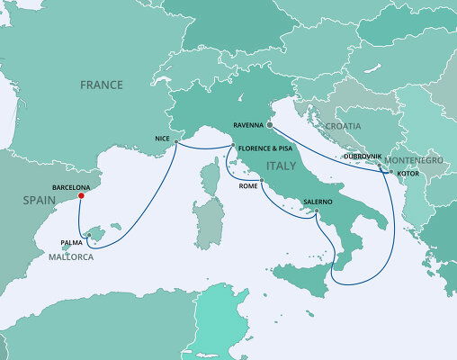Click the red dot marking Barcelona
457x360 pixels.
point(81,195)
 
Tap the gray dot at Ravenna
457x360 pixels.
point(269,126)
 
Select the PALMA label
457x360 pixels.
point(72,242)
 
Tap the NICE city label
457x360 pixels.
point(161,139)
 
